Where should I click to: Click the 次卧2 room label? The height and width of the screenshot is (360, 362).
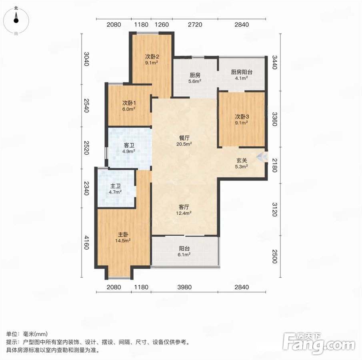(152, 56)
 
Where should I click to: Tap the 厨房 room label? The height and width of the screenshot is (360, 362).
(195, 75)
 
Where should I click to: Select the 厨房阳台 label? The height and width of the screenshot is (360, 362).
(242, 72)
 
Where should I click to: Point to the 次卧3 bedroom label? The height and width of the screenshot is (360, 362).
(242, 117)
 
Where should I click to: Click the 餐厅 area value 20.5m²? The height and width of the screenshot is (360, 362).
(184, 144)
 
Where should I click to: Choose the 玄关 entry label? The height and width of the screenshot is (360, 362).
(242, 160)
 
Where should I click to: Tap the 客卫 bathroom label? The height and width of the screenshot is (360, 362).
(129, 145)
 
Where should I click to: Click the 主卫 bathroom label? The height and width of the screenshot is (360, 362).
(115, 186)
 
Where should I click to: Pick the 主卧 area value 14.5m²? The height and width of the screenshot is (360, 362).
(123, 241)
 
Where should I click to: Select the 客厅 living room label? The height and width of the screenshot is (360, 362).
(184, 207)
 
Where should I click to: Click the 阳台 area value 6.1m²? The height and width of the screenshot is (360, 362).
(184, 254)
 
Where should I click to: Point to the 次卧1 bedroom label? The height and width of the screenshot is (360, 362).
(129, 103)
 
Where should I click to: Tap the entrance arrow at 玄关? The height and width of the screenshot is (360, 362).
(262, 157)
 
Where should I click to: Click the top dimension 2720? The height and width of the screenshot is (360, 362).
(195, 24)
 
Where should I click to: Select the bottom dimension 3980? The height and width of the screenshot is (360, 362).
(184, 287)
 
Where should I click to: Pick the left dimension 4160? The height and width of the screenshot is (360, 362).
(86, 242)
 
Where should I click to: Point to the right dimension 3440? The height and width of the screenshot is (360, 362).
(274, 62)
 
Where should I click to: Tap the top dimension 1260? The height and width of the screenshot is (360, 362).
(162, 24)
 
